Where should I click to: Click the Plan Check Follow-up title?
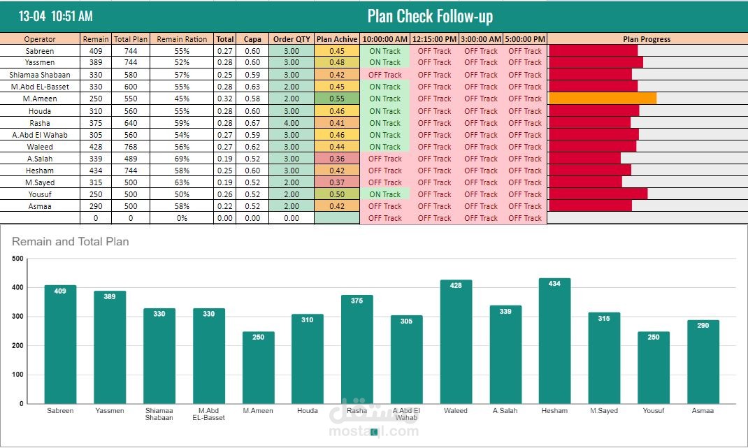(430, 16)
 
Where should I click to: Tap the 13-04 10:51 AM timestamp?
(55, 16)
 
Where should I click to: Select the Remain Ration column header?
(182, 39)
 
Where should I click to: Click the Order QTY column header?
(292, 39)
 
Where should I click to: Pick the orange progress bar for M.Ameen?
(603, 99)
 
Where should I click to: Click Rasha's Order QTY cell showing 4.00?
(292, 123)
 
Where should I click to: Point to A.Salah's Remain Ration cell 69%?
(182, 159)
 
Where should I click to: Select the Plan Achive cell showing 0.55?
(337, 99)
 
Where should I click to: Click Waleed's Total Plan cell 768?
(131, 147)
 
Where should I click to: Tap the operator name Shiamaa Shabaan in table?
(40, 75)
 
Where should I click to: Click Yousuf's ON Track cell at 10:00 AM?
(385, 195)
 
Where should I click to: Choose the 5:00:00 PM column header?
(525, 39)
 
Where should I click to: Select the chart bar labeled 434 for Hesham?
(555, 340)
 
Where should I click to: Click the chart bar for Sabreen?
(60, 345)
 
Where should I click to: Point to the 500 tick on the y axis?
(17, 259)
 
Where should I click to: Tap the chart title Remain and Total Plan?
(70, 241)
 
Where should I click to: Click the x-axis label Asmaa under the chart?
(703, 411)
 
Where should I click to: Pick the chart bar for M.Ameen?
(258, 368)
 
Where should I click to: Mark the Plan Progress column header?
(647, 39)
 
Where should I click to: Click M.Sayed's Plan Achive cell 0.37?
(337, 182)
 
